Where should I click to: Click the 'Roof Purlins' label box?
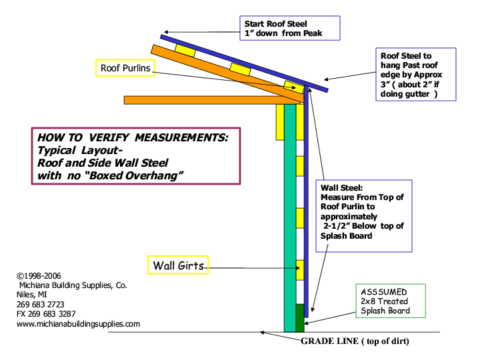(x=125, y=68)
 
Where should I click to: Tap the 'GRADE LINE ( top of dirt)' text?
(x=354, y=341)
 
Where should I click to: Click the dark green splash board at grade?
(x=300, y=318)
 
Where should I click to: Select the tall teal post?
(x=289, y=213)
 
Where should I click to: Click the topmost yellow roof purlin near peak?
(x=185, y=50)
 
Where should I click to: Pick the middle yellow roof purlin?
(x=239, y=68)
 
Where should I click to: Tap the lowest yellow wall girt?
(x=300, y=269)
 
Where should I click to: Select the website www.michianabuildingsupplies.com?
(x=78, y=324)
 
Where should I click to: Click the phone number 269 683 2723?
(x=41, y=304)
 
